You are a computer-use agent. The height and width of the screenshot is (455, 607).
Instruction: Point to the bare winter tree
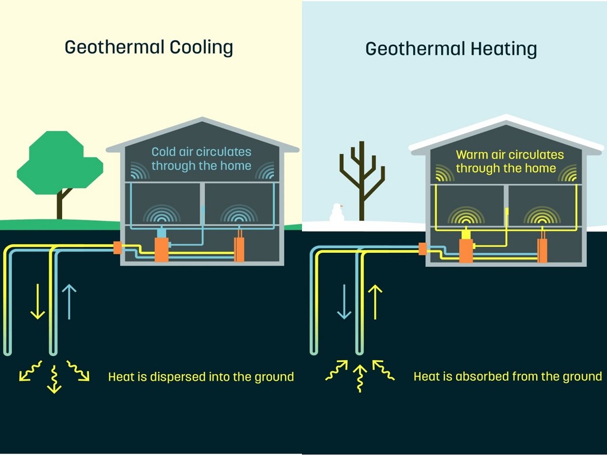click(x=362, y=177)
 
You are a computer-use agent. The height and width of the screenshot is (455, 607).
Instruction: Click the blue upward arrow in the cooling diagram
click(x=69, y=301)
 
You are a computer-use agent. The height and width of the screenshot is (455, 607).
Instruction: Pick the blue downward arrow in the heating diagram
click(x=344, y=302)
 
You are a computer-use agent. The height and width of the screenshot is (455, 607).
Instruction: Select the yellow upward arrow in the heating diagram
click(x=375, y=302)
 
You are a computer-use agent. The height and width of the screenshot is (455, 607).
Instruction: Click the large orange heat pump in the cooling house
click(x=161, y=249)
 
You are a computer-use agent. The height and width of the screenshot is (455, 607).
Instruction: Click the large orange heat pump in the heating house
click(x=466, y=250)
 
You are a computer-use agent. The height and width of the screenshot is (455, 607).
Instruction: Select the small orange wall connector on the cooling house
click(x=117, y=247)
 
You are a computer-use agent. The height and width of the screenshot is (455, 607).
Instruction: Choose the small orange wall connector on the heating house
click(x=422, y=248)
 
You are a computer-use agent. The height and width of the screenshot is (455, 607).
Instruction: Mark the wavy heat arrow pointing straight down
click(x=54, y=380)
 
